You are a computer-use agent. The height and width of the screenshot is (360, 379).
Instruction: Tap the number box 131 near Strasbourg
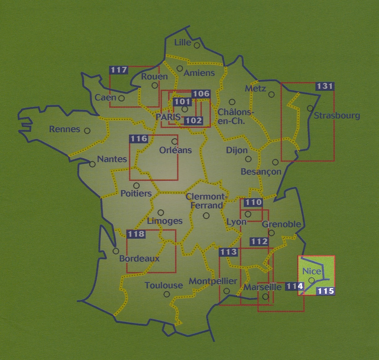point(324,86)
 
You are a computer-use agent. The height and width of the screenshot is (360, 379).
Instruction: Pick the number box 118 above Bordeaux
point(136,234)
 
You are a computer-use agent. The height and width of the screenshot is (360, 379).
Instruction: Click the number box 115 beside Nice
point(325,291)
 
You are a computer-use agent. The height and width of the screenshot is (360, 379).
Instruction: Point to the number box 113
point(228,252)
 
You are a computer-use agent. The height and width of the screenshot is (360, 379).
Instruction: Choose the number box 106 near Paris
point(201,93)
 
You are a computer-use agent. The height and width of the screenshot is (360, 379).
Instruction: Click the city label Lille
point(183,42)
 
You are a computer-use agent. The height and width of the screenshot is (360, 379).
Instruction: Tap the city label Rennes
point(65,129)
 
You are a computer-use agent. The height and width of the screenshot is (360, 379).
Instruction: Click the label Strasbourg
point(337,116)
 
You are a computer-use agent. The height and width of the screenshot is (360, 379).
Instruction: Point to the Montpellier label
point(213,281)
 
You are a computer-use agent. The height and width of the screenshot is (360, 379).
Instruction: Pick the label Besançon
point(261,172)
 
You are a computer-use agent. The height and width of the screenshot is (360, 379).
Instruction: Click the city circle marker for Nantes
point(92,164)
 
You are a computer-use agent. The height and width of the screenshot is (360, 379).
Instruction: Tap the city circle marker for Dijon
point(248,159)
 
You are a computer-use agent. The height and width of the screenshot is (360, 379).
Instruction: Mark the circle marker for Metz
point(271,94)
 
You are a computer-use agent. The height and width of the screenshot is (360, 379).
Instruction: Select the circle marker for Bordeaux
point(116,251)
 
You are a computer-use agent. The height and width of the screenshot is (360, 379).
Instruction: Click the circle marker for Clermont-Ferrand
point(206,215)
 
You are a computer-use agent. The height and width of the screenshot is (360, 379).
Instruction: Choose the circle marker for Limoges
point(161,213)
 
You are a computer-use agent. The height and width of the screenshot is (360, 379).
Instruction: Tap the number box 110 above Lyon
point(253,202)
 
